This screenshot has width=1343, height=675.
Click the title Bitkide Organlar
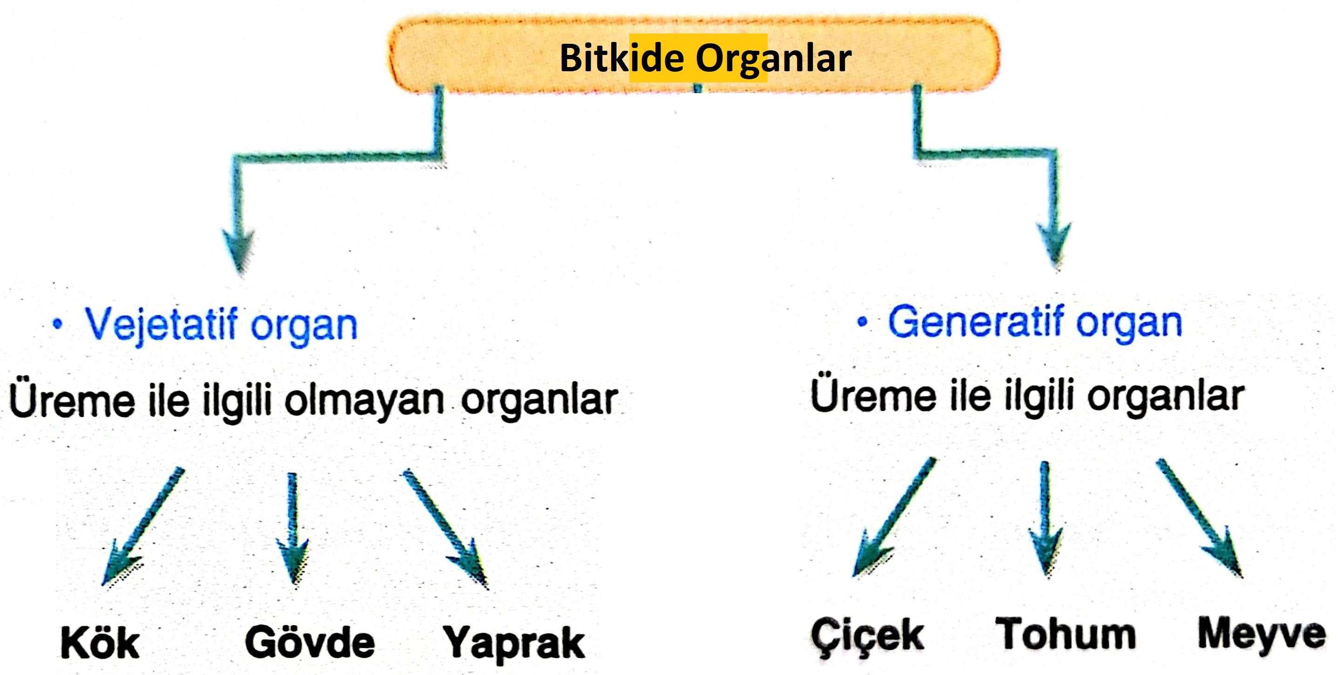tap(705, 57)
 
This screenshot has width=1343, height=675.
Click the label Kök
tap(100, 643)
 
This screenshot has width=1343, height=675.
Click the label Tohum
tap(1065, 634)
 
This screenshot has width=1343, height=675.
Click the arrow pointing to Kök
tap(143, 524)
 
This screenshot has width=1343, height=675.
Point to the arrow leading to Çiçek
tap(894, 517)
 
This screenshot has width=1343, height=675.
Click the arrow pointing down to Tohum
tap(1045, 519)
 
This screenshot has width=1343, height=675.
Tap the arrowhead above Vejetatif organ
tap(238, 248)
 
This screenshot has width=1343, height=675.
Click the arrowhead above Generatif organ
tap(1054, 243)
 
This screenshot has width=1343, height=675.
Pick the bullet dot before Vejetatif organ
tap(57, 325)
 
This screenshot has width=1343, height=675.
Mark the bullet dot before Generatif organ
tap(862, 322)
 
